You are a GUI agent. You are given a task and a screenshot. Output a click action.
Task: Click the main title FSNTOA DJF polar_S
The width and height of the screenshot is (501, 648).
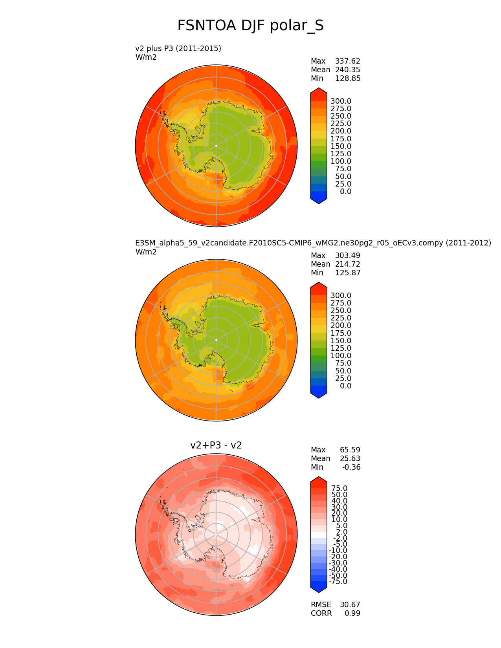(x=250, y=26)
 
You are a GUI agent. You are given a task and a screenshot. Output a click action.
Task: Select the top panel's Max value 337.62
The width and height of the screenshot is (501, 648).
(x=347, y=61)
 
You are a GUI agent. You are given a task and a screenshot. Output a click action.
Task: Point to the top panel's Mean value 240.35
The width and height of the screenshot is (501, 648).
(x=347, y=70)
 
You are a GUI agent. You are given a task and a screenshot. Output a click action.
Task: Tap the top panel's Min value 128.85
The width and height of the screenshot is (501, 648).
(x=347, y=79)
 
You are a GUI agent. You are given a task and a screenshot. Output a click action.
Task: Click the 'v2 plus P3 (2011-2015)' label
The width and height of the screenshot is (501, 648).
(x=178, y=48)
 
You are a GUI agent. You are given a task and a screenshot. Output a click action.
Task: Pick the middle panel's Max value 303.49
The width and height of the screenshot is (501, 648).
(x=347, y=256)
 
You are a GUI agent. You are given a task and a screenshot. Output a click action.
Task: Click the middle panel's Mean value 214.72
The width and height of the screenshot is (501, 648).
(x=347, y=264)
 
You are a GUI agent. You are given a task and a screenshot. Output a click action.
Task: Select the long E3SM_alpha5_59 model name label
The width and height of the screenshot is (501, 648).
(x=313, y=243)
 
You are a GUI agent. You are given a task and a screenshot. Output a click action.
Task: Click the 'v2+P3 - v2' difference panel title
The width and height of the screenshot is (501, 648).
(x=216, y=445)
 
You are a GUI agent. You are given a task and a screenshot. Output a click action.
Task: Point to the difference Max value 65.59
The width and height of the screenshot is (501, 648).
(x=350, y=450)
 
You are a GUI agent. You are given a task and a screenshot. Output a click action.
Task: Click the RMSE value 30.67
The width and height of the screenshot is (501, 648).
(x=350, y=605)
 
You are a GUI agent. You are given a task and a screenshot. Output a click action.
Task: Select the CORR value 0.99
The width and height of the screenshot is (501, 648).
(x=352, y=613)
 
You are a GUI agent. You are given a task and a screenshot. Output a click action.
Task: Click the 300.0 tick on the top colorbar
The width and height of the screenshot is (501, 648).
(x=341, y=101)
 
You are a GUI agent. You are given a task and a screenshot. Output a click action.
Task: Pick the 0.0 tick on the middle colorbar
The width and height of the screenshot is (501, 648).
(x=345, y=386)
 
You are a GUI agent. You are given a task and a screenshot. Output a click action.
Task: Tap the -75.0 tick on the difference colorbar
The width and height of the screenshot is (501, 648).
(x=338, y=582)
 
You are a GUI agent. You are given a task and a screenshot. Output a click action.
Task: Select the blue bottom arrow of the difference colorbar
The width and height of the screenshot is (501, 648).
(x=319, y=587)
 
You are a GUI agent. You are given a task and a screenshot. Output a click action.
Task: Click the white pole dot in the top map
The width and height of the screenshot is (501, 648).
(x=216, y=146)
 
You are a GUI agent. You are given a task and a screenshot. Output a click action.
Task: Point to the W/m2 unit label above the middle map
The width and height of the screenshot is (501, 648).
(x=146, y=252)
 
